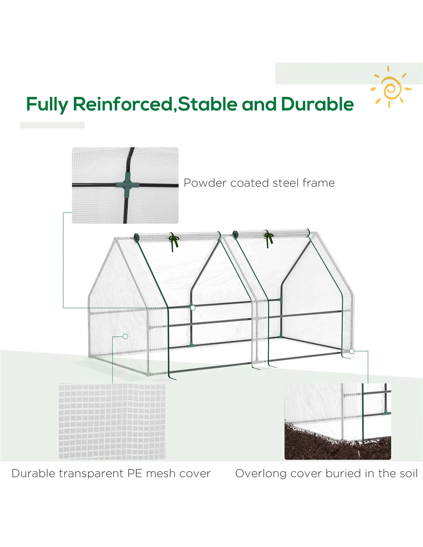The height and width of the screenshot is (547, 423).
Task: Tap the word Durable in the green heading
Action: pyautogui.click(x=317, y=104)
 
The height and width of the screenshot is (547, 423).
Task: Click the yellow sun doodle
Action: pyautogui.click(x=391, y=87)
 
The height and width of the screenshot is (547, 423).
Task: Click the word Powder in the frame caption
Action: pyautogui.click(x=205, y=183)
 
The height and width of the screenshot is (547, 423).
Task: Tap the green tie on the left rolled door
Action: pyautogui.click(x=174, y=242)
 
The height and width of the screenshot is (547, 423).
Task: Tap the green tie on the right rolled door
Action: pyautogui.click(x=269, y=238)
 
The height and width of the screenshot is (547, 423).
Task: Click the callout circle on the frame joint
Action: pyautogui.click(x=193, y=308)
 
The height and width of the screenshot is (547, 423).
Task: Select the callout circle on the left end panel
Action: pyautogui.click(x=125, y=336)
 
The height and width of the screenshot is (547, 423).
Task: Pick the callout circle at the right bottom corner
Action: pyautogui.click(x=352, y=351)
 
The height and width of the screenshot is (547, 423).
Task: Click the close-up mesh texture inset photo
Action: pyautogui.click(x=112, y=421)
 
